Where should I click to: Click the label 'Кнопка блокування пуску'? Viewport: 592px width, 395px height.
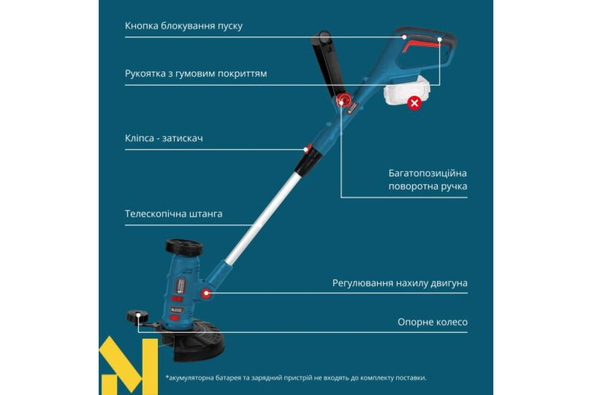coord(184,26)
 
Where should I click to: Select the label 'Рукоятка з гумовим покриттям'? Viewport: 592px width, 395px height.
coord(196,74)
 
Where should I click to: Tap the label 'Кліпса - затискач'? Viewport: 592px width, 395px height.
coord(164,138)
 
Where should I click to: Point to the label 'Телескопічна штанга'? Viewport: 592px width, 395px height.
coord(173,214)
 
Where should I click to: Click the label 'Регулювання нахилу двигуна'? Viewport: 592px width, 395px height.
coord(400,283)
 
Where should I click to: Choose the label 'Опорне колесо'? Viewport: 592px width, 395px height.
coord(433,322)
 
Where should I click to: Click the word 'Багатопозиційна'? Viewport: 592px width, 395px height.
coord(428,174)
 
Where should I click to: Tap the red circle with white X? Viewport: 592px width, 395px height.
coord(414,103)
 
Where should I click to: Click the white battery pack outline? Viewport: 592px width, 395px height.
coord(407,90)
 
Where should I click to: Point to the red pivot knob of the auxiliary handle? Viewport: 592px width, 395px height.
coord(343,101)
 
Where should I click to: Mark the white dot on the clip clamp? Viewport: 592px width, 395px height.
coord(306,150)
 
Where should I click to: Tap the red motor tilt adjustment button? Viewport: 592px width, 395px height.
coord(206,293)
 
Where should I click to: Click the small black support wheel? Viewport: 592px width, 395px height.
coord(138,316)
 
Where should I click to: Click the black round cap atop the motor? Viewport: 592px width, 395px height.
coord(184,247)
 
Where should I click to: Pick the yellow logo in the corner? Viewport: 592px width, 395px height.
coord(128,366)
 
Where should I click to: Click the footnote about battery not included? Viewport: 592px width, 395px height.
coord(296,378)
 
